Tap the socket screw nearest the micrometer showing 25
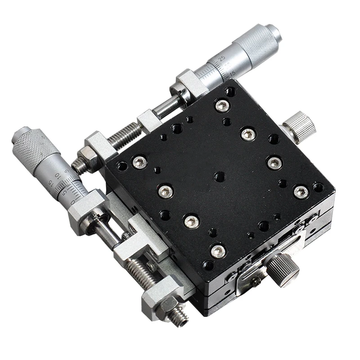tap(221, 106)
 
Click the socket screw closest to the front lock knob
tap(218, 251)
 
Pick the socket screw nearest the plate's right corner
tap(300, 191)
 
